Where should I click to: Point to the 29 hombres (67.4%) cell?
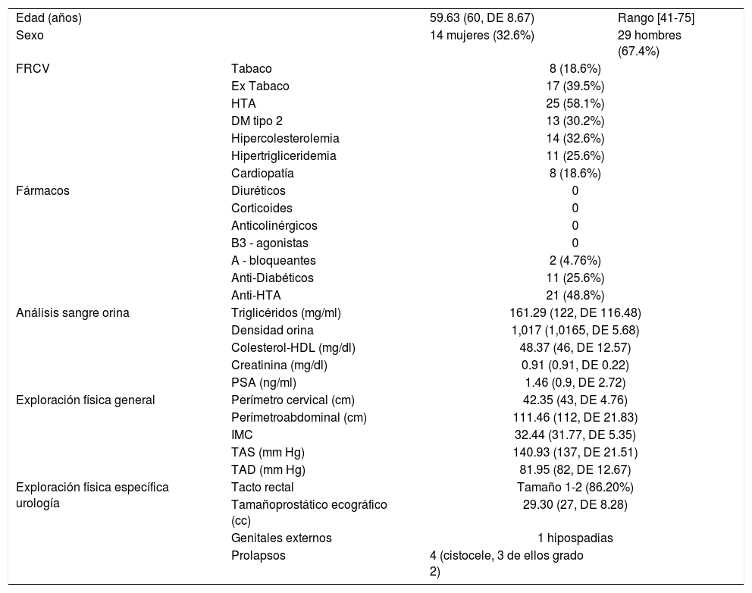[x=650, y=43]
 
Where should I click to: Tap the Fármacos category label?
[x=42, y=190]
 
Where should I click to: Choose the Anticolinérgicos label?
[x=274, y=225]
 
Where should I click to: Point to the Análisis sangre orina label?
[x=73, y=312]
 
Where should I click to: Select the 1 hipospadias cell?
[x=575, y=538]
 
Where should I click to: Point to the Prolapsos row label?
[x=256, y=556]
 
